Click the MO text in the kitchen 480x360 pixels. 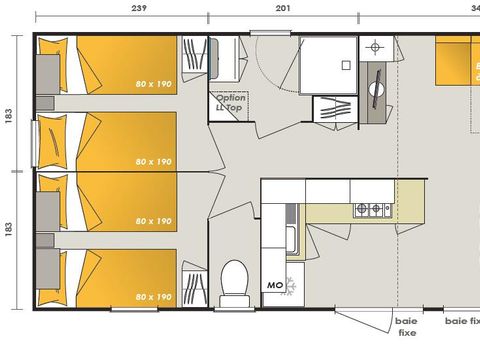pyautogui.click(x=274, y=286)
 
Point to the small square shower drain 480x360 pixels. pyautogui.click(x=344, y=66)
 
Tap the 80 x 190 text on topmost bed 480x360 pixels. pyautogui.click(x=153, y=84)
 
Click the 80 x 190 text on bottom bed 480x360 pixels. pyautogui.click(x=153, y=296)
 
